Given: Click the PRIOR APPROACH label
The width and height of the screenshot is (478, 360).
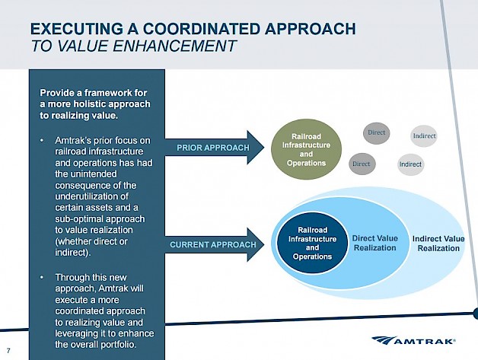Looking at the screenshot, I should [213, 147].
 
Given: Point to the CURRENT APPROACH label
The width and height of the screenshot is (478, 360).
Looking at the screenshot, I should [212, 245].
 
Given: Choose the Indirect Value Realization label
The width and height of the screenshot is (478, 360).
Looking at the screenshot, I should [438, 244].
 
